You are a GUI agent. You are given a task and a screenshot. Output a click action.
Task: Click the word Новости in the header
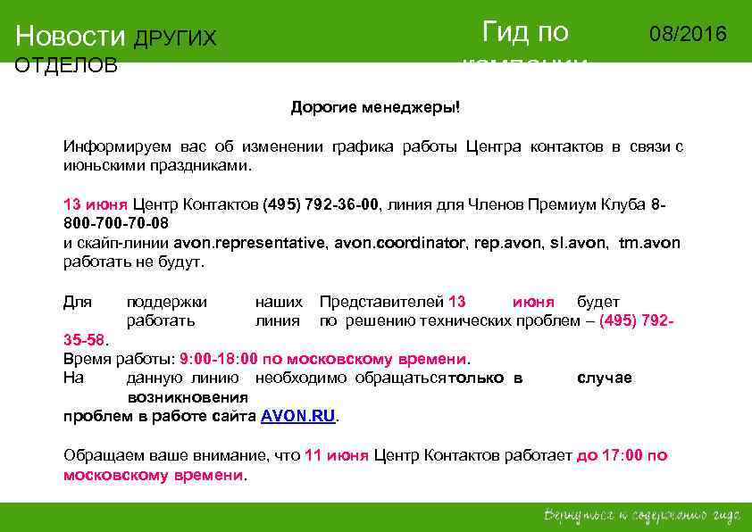tap(71, 37)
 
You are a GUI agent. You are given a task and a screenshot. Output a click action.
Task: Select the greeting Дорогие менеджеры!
tap(375, 108)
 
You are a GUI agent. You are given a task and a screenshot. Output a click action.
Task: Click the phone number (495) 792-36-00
tap(322, 204)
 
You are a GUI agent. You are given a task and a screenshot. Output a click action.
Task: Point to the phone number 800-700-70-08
tap(116, 222)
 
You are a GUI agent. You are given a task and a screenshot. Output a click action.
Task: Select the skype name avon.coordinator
tap(399, 243)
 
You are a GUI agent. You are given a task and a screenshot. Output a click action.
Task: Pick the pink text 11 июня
tap(336, 455)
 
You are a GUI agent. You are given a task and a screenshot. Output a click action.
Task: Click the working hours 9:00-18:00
tap(218, 359)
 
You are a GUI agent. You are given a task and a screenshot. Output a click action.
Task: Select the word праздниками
tap(209, 166)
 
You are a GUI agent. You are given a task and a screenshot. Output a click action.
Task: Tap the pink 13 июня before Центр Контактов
tap(96, 204)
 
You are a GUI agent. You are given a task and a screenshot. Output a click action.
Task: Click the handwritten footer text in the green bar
tap(642, 516)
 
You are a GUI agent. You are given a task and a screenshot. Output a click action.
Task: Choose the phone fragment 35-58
tap(84, 339)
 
